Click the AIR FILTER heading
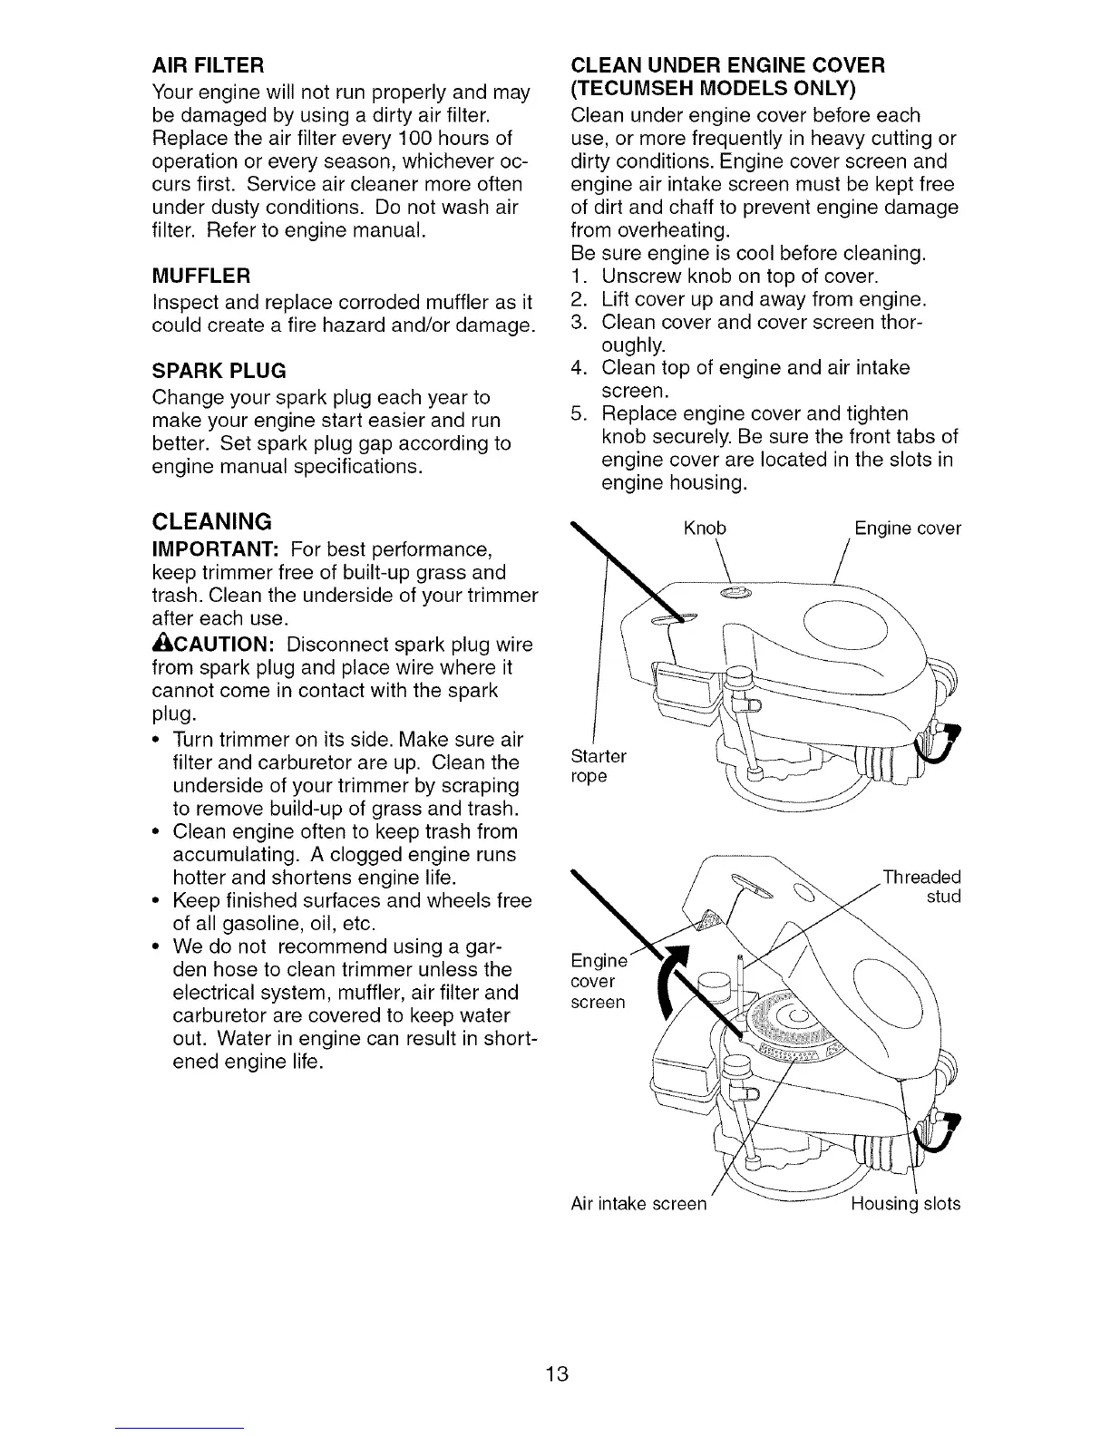click(207, 65)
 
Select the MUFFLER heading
click(200, 275)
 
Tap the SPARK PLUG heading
click(219, 370)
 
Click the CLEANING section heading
click(212, 521)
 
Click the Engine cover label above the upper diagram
click(907, 529)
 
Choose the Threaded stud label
click(922, 887)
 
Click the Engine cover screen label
click(597, 982)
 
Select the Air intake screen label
click(638, 1204)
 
